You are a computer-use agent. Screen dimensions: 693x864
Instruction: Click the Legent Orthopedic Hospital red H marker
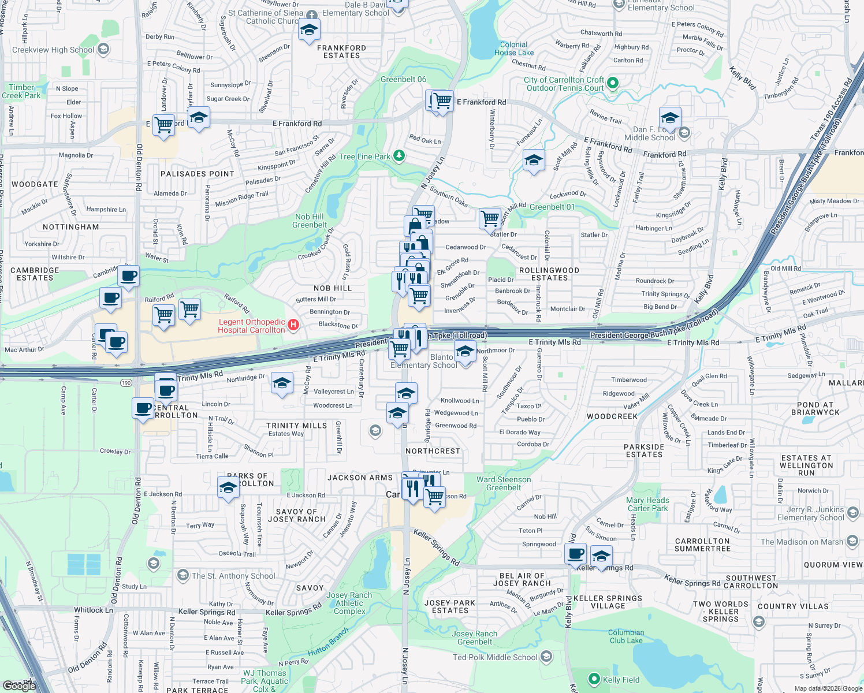tap(293, 325)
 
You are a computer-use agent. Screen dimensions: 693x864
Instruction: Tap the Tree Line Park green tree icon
tap(399, 156)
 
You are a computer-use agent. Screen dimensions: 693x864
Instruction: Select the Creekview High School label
tap(53, 50)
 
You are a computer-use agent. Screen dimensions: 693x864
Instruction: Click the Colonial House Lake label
tap(514, 49)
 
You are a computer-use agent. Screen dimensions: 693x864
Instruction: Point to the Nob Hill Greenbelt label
tap(310, 221)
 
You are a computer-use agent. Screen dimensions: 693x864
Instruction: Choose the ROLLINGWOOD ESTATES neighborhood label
tap(549, 274)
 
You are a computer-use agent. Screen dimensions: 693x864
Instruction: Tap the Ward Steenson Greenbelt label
tap(504, 483)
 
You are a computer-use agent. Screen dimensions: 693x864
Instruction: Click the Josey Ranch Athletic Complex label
tap(349, 603)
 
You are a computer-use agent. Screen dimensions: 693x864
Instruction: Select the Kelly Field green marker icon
tap(594, 679)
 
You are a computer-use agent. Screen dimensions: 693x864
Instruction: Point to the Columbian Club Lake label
tap(626, 636)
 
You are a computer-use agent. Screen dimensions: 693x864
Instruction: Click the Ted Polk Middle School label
tap(495, 657)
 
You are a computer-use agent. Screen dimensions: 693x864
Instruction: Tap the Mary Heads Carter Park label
tap(647, 504)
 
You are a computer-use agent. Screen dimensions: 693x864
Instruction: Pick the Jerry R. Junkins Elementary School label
tap(810, 513)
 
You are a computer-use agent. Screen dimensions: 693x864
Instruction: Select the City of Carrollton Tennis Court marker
tap(613, 83)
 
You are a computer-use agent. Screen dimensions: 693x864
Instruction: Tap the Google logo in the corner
tap(19, 685)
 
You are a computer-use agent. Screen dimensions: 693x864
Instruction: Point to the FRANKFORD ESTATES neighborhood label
tap(341, 52)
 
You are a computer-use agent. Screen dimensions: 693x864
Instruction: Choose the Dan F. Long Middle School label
tap(650, 133)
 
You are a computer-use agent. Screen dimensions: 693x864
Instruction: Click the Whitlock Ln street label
tap(94, 610)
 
